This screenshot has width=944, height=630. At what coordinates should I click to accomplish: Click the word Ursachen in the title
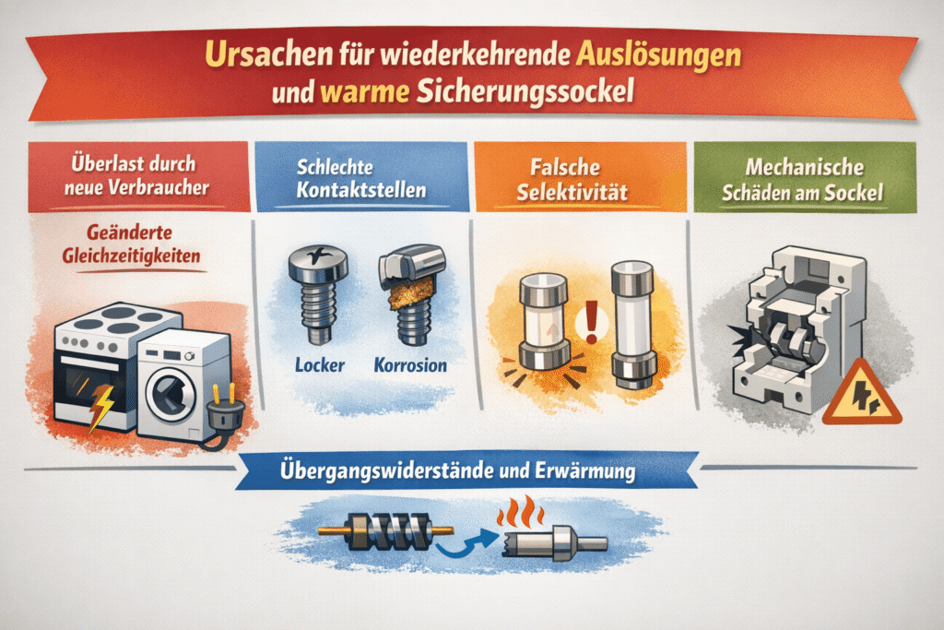(268, 53)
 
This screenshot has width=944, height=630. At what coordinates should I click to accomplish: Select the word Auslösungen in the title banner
(658, 55)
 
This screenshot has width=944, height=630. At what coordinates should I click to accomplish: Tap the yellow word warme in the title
(365, 92)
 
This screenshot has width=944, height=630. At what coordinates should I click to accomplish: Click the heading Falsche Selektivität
(572, 180)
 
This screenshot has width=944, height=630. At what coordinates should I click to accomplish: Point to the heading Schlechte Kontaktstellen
(361, 178)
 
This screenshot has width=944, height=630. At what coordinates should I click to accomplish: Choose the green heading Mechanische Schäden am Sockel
(803, 180)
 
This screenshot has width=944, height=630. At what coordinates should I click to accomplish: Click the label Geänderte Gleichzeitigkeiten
(131, 244)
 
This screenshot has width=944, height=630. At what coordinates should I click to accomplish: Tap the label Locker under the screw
(320, 365)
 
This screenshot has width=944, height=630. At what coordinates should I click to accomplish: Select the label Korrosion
(410, 365)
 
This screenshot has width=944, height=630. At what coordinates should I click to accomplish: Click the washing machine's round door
(171, 394)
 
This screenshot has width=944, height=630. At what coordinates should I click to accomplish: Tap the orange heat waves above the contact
(520, 512)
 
